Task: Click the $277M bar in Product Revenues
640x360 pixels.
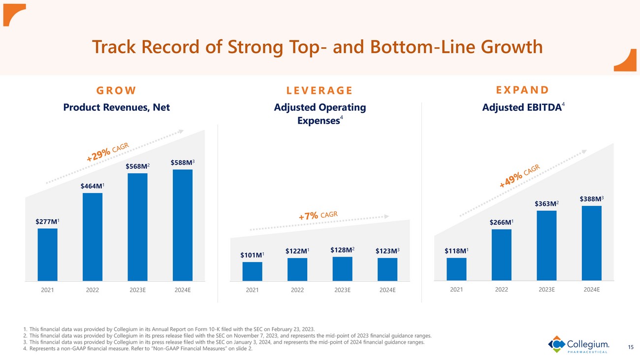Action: pyautogui.click(x=47, y=255)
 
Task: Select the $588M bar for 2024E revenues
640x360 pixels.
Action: pyautogui.click(x=183, y=225)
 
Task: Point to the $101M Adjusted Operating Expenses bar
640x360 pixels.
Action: pyautogui.click(x=252, y=271)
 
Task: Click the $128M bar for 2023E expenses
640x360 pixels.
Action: pyautogui.click(x=342, y=269)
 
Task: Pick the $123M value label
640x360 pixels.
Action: pyautogui.click(x=387, y=251)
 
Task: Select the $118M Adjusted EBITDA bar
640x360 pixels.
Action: pyautogui.click(x=456, y=269)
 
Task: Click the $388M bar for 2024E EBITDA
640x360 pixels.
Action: pyautogui.click(x=591, y=243)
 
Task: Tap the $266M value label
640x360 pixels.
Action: pyautogui.click(x=501, y=223)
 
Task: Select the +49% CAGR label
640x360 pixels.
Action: pyautogui.click(x=519, y=176)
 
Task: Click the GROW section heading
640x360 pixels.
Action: pyautogui.click(x=116, y=90)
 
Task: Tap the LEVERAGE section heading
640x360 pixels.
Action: pyautogui.click(x=320, y=90)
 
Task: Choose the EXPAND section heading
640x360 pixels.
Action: pyautogui.click(x=522, y=90)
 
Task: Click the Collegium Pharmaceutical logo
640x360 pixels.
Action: pyautogui.click(x=578, y=344)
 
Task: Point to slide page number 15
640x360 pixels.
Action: pyautogui.click(x=631, y=348)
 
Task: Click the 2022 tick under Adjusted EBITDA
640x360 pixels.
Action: pyautogui.click(x=501, y=290)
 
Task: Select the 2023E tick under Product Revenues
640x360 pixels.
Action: pyautogui.click(x=137, y=290)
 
